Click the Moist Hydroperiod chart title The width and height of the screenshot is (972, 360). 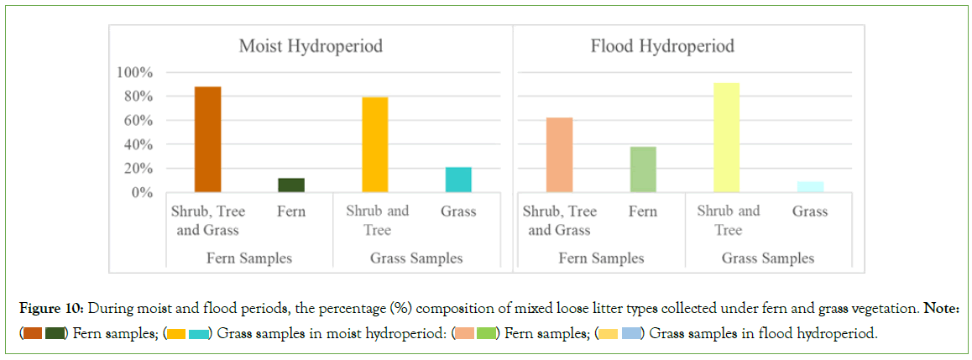[x=311, y=45]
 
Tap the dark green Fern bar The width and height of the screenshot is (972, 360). [x=291, y=185]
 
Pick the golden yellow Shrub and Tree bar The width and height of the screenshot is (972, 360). [x=374, y=144]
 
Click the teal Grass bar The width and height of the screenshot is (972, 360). [x=458, y=180]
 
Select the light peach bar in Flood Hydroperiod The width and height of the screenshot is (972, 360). [x=559, y=154]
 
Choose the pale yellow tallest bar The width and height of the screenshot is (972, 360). [x=726, y=138]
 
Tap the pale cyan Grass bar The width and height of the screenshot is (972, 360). [x=810, y=186]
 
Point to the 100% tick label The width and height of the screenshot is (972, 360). [x=134, y=73]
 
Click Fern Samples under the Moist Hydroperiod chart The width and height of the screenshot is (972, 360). [x=249, y=258]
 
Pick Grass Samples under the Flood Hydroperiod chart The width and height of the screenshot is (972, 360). [x=768, y=258]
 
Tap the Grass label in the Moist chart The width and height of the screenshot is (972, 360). [x=458, y=211]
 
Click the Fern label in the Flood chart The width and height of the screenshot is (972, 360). [x=643, y=211]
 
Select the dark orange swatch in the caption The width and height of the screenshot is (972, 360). [x=33, y=334]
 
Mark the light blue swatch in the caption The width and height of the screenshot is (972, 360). [x=632, y=334]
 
